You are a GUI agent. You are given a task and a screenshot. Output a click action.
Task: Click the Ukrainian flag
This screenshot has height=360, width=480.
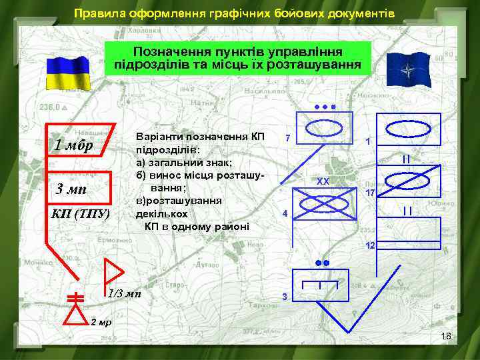[x=67, y=72]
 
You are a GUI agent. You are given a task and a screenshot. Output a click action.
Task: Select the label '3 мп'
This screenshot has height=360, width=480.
[x=70, y=189]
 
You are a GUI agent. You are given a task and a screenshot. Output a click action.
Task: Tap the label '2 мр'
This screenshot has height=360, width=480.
[x=101, y=322]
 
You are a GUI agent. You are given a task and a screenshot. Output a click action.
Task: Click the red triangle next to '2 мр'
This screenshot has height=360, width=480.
[x=77, y=314]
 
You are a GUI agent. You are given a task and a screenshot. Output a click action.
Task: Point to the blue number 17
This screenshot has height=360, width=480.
[x=371, y=193]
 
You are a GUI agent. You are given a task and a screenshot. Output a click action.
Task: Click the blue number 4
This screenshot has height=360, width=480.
[x=285, y=214]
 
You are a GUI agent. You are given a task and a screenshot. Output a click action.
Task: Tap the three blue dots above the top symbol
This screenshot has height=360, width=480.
[x=323, y=107]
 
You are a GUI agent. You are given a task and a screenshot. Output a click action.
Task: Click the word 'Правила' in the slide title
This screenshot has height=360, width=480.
[x=98, y=13]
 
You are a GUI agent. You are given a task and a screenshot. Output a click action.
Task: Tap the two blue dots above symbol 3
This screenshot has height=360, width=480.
[x=323, y=263]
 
